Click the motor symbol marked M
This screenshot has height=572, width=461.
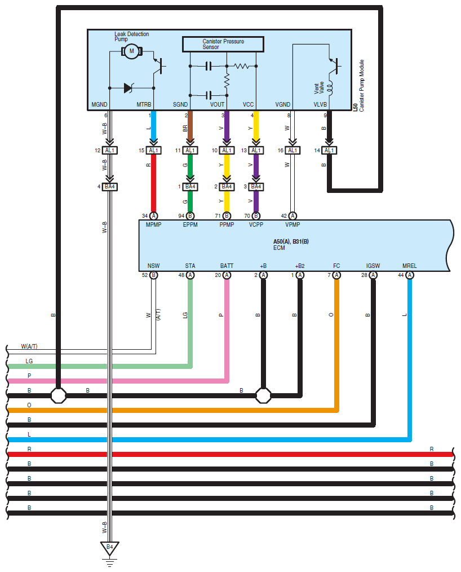[131, 51]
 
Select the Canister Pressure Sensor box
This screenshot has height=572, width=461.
[223, 44]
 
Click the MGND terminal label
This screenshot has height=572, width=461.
[99, 105]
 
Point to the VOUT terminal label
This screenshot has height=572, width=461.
[217, 105]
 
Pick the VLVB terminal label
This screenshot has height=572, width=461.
[320, 105]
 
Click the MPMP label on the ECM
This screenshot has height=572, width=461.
[153, 225]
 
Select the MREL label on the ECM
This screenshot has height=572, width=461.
[410, 266]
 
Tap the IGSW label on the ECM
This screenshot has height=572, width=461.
[373, 266]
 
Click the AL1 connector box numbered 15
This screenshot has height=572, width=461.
[153, 150]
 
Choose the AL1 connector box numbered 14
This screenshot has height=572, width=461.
[329, 150]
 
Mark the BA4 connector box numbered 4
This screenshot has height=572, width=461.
[110, 187]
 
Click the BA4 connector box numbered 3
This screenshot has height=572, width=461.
[256, 187]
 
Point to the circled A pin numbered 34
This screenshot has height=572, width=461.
[153, 216]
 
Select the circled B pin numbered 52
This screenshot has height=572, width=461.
[153, 275]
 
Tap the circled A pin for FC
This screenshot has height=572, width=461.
[336, 275]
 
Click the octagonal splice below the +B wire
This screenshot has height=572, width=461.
[263, 395]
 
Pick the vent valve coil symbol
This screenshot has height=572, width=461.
[330, 87]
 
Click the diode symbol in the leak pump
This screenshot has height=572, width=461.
[128, 88]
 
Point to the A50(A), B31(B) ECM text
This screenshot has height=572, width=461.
[291, 241]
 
